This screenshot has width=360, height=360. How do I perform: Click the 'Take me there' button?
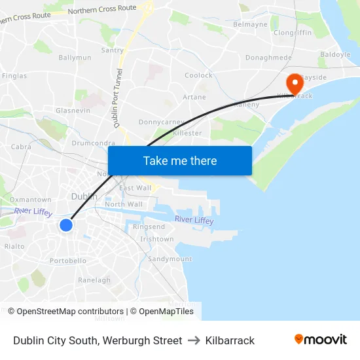pyautogui.click(x=180, y=161)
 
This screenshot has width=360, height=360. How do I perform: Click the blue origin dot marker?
pyautogui.click(x=66, y=225)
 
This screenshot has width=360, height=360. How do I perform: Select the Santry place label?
pyautogui.click(x=113, y=50)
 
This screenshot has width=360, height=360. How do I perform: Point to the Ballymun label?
pyautogui.click(x=75, y=58)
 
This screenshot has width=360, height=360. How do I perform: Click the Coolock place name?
pyautogui.click(x=198, y=75)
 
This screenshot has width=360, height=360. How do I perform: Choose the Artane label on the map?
pyautogui.click(x=194, y=97)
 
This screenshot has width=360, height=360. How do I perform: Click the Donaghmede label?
pyautogui.click(x=268, y=58)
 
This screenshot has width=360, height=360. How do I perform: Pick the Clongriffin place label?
pyautogui.click(x=293, y=32)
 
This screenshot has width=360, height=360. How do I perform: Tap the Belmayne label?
pyautogui.click(x=250, y=24)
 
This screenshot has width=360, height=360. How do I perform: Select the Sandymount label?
pyautogui.click(x=170, y=259)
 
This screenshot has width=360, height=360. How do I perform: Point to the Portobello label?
pyautogui.click(x=68, y=261)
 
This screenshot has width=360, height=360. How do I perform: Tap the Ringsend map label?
pyautogui.click(x=149, y=226)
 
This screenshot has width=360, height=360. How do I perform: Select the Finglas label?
pyautogui.click(x=14, y=76)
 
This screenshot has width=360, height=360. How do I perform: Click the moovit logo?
pyautogui.click(x=320, y=340)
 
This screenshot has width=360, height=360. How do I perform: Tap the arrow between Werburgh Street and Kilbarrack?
pyautogui.click(x=194, y=340)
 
